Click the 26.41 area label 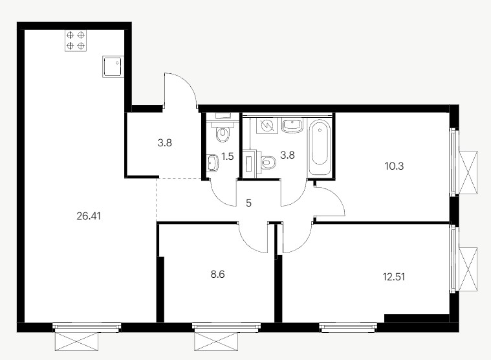pyautogui.click(x=89, y=216)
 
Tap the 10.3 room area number pyautogui.click(x=394, y=166)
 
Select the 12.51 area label pyautogui.click(x=394, y=277)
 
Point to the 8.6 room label pyautogui.click(x=217, y=275)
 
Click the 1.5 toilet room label pyautogui.click(x=228, y=156)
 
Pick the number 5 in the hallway pyautogui.click(x=248, y=203)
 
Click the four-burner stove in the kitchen pyautogui.click(x=76, y=41)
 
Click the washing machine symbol pyautogui.click(x=267, y=126)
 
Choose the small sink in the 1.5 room pyautogui.click(x=212, y=163)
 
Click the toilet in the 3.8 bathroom pyautogui.click(x=267, y=162)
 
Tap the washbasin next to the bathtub pyautogui.click(x=292, y=126)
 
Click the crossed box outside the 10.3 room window pyautogui.click(x=468, y=173)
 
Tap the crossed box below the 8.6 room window pyautogui.click(x=216, y=341)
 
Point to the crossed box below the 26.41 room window pyautogui.click(x=76, y=341)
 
